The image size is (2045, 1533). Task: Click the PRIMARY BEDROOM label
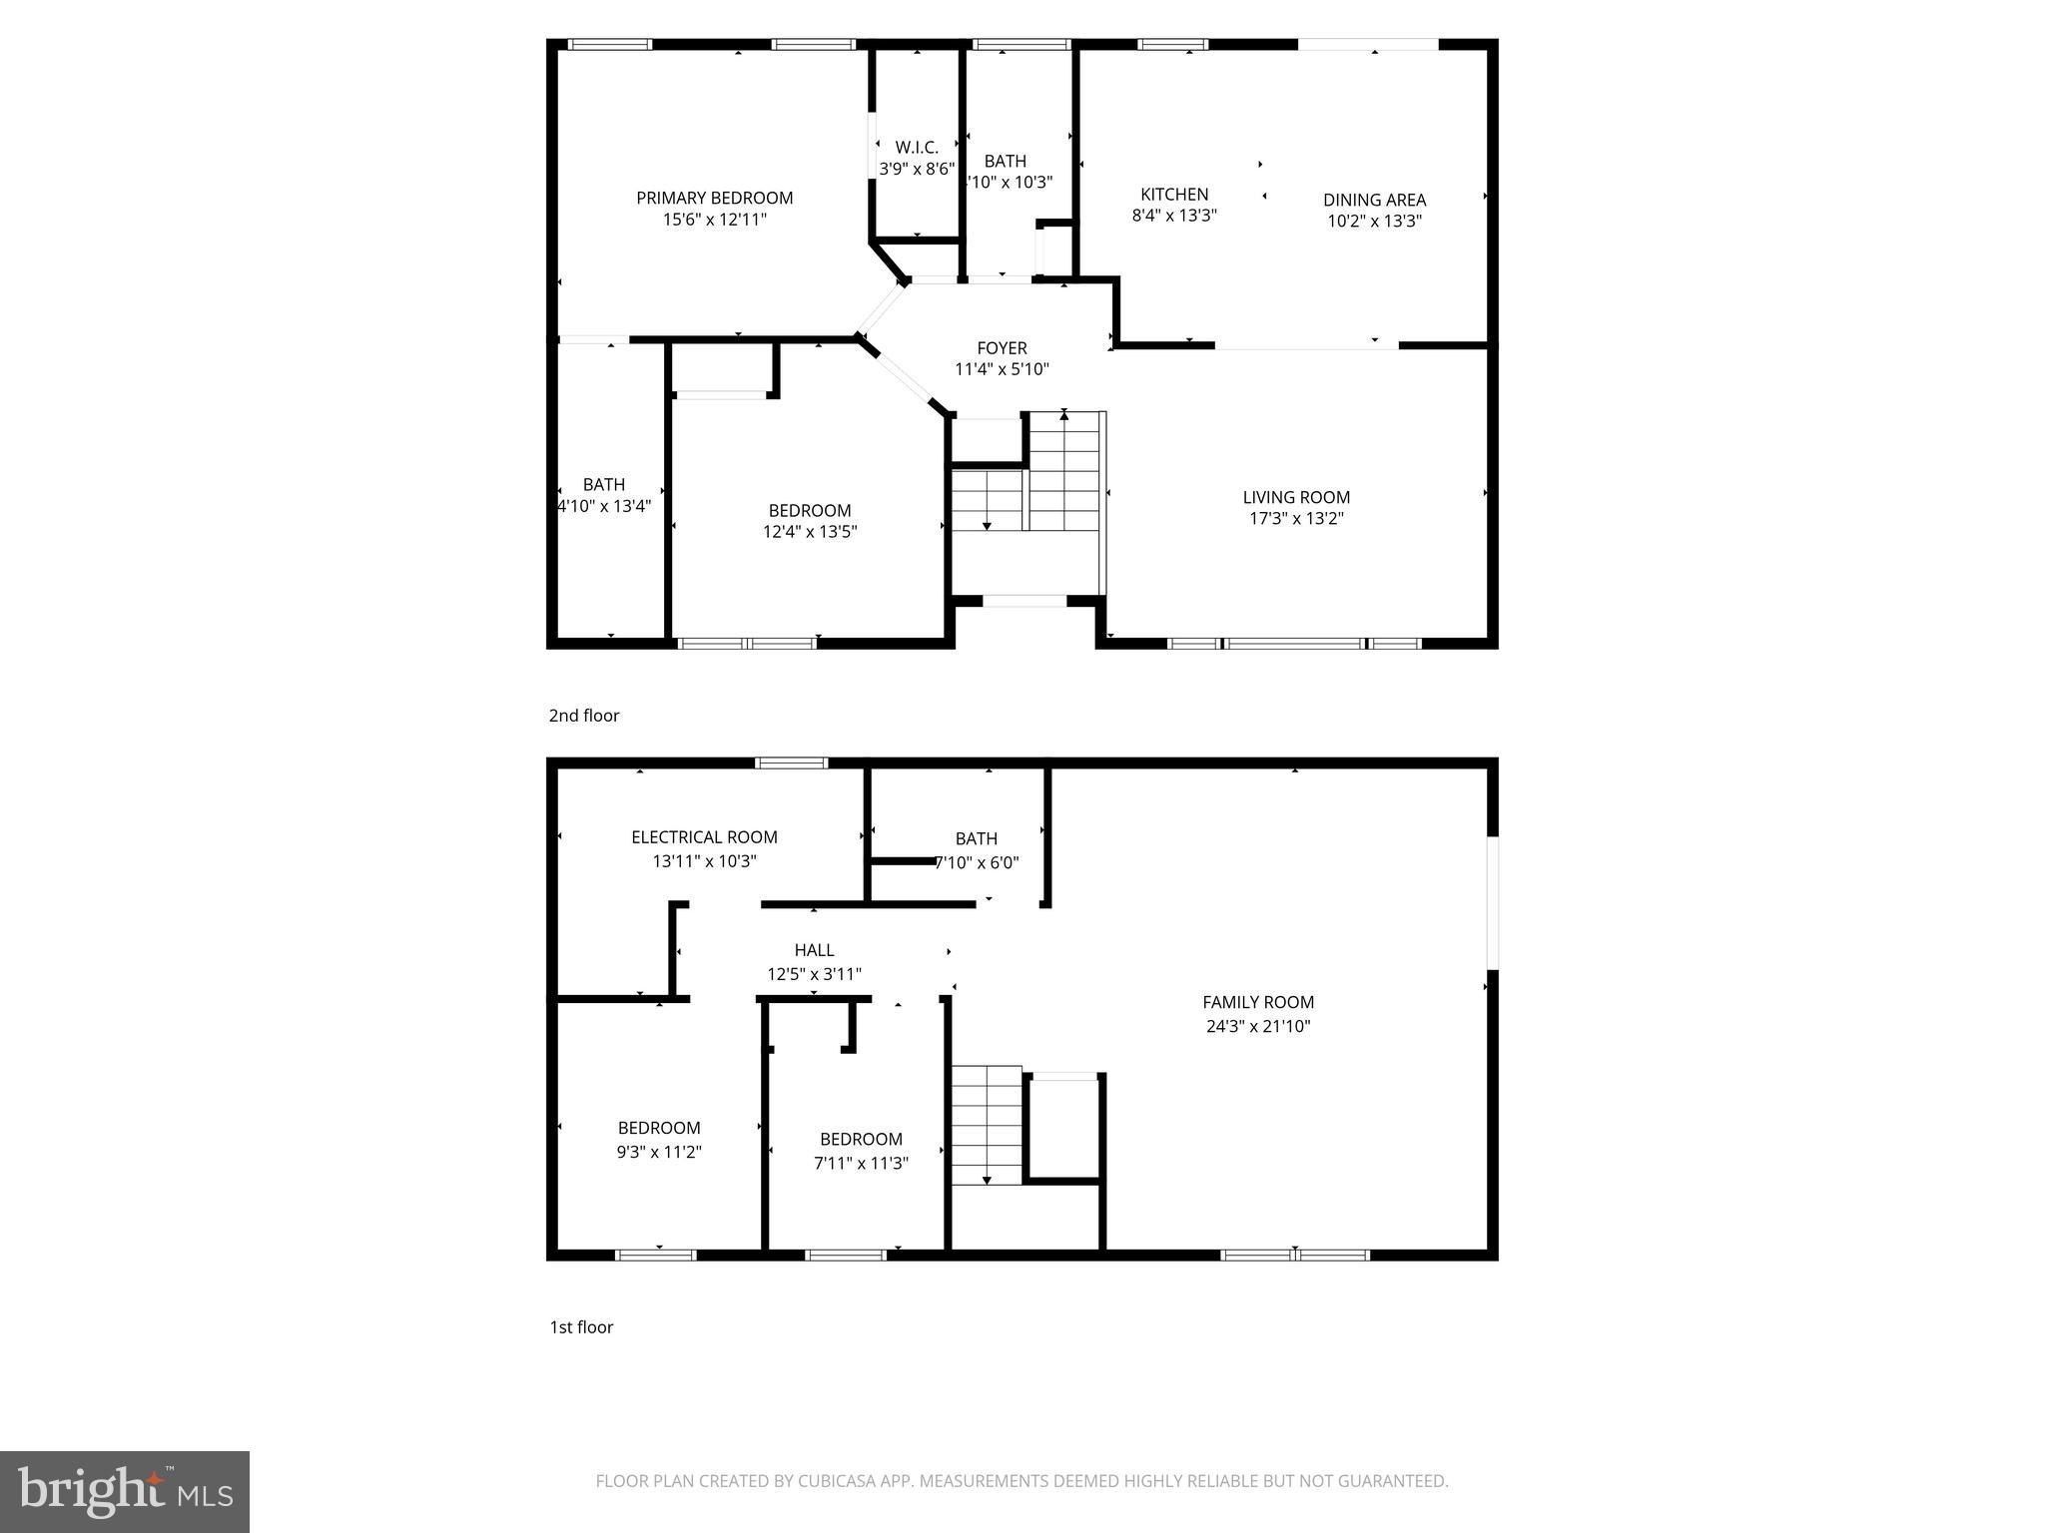pos(714,199)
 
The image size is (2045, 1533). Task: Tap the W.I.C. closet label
pos(917,148)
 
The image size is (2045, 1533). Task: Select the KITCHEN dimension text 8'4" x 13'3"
pos(1174,216)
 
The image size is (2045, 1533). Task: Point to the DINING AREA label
pos(1374,200)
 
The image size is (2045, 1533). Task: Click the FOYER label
pos(1002,348)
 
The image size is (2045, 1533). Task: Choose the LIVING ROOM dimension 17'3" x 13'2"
pos(1296,519)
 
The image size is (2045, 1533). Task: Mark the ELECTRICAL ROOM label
pos(704,837)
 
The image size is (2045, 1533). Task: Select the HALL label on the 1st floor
pos(814,950)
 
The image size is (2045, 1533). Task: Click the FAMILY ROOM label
pos(1258,1002)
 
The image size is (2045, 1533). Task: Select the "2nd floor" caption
pos(584,716)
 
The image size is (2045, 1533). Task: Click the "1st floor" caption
pos(581,1326)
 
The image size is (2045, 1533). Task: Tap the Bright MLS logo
pos(125,1491)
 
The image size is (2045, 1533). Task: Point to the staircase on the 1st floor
pos(987,1124)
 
